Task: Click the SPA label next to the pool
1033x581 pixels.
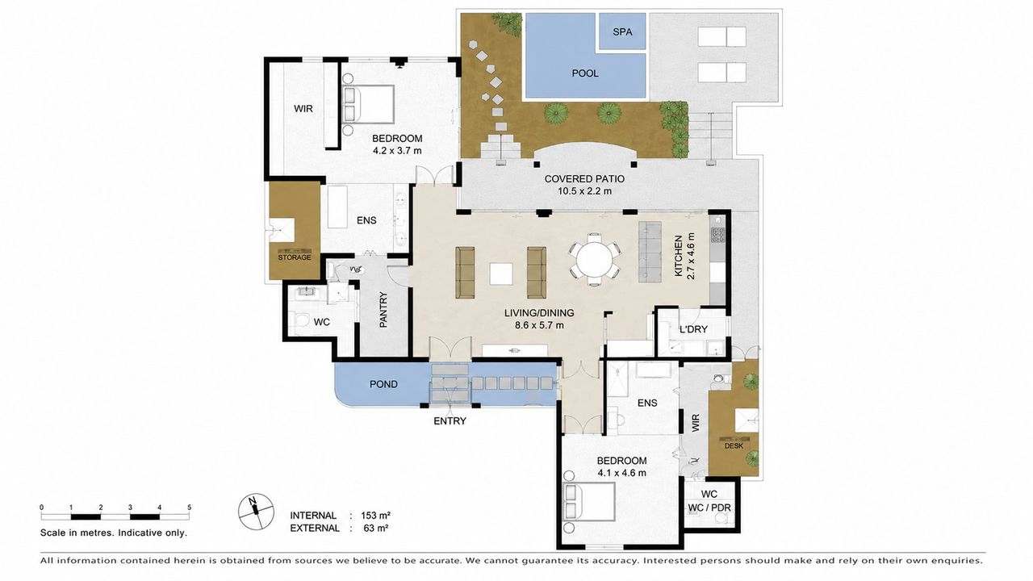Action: pyautogui.click(x=622, y=31)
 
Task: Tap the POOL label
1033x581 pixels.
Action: pyautogui.click(x=585, y=73)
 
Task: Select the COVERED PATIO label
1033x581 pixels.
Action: pyautogui.click(x=584, y=179)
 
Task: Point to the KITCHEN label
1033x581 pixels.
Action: pyautogui.click(x=679, y=256)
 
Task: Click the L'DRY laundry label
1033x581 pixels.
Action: pyautogui.click(x=693, y=329)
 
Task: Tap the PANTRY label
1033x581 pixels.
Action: pyautogui.click(x=383, y=310)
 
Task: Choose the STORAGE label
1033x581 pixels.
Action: pyautogui.click(x=295, y=257)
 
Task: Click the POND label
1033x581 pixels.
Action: pyautogui.click(x=383, y=384)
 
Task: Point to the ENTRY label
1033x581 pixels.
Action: pyautogui.click(x=450, y=420)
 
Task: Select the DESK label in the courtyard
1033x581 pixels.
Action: pyautogui.click(x=734, y=446)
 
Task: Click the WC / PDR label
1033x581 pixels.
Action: pyautogui.click(x=709, y=508)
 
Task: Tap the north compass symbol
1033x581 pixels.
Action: pyautogui.click(x=256, y=511)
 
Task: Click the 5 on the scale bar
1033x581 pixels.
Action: pyautogui.click(x=189, y=508)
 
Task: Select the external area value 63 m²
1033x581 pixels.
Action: pyautogui.click(x=376, y=528)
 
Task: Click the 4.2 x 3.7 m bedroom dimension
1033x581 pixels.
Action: pyautogui.click(x=397, y=150)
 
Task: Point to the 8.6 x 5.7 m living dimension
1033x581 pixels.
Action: pyautogui.click(x=539, y=324)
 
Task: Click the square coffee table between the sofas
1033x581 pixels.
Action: pyautogui.click(x=501, y=274)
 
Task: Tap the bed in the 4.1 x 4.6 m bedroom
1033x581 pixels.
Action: pyautogui.click(x=588, y=502)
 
